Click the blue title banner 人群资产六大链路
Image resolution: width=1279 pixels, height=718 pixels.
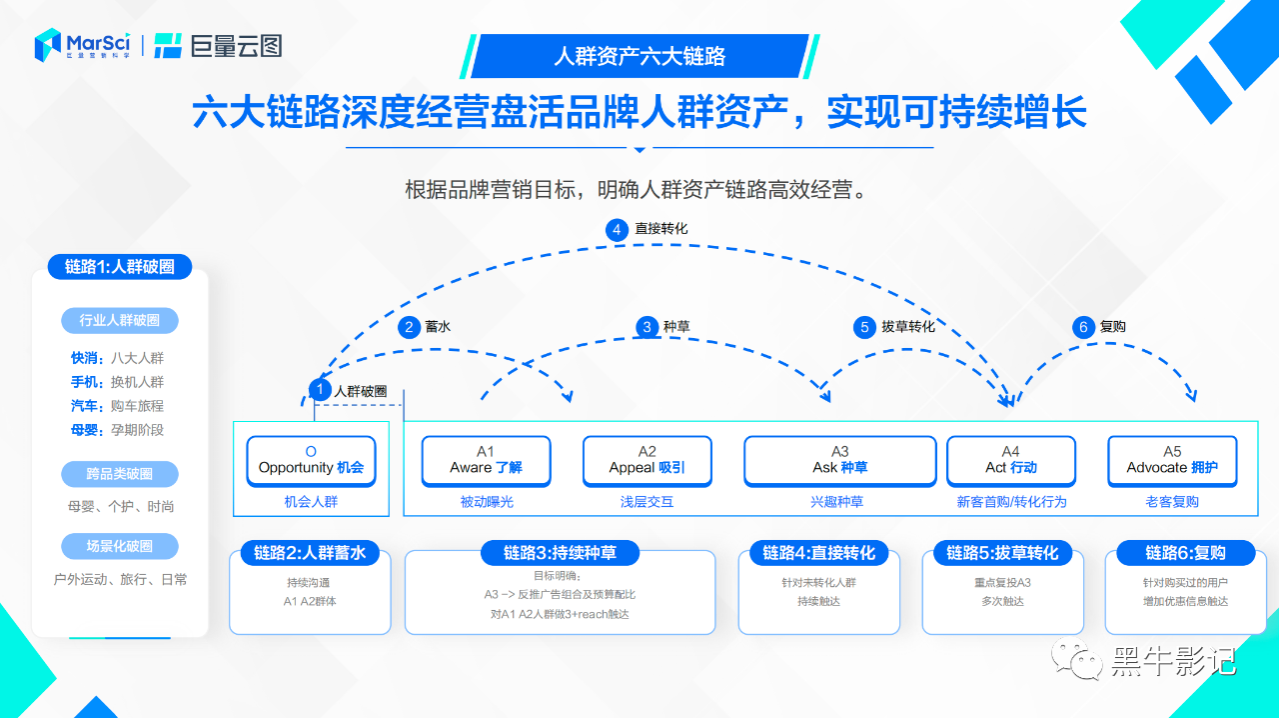pyautogui.click(x=639, y=56)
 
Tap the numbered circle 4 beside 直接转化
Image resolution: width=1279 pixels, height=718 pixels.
pyautogui.click(x=617, y=229)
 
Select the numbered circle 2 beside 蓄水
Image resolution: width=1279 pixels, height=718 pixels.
pyautogui.click(x=409, y=327)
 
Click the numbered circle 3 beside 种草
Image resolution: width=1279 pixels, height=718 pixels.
pyautogui.click(x=647, y=327)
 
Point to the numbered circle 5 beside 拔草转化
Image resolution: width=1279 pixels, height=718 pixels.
pyautogui.click(x=864, y=327)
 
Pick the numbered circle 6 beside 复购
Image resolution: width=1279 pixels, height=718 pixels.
pyautogui.click(x=1083, y=327)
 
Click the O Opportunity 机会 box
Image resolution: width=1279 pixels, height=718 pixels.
pyautogui.click(x=311, y=460)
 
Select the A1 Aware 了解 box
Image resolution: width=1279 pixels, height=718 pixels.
pyautogui.click(x=486, y=460)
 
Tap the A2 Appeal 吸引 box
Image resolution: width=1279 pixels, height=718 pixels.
pyautogui.click(x=646, y=460)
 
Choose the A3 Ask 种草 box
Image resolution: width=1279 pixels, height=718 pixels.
pyautogui.click(x=839, y=460)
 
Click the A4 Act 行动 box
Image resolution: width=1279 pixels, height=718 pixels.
pyautogui.click(x=1010, y=460)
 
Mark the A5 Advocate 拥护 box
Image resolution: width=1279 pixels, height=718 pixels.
pyautogui.click(x=1172, y=460)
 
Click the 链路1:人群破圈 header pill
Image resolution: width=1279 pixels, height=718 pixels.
pyautogui.click(x=120, y=267)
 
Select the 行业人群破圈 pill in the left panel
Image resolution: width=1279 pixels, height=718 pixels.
pyautogui.click(x=119, y=321)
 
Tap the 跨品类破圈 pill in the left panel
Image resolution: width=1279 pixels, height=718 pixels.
pyautogui.click(x=119, y=474)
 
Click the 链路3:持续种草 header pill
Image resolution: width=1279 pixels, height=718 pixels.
pyautogui.click(x=560, y=553)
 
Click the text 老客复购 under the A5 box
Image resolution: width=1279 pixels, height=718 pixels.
pyautogui.click(x=1172, y=502)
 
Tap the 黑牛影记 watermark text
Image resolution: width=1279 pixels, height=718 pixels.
pyautogui.click(x=1173, y=661)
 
